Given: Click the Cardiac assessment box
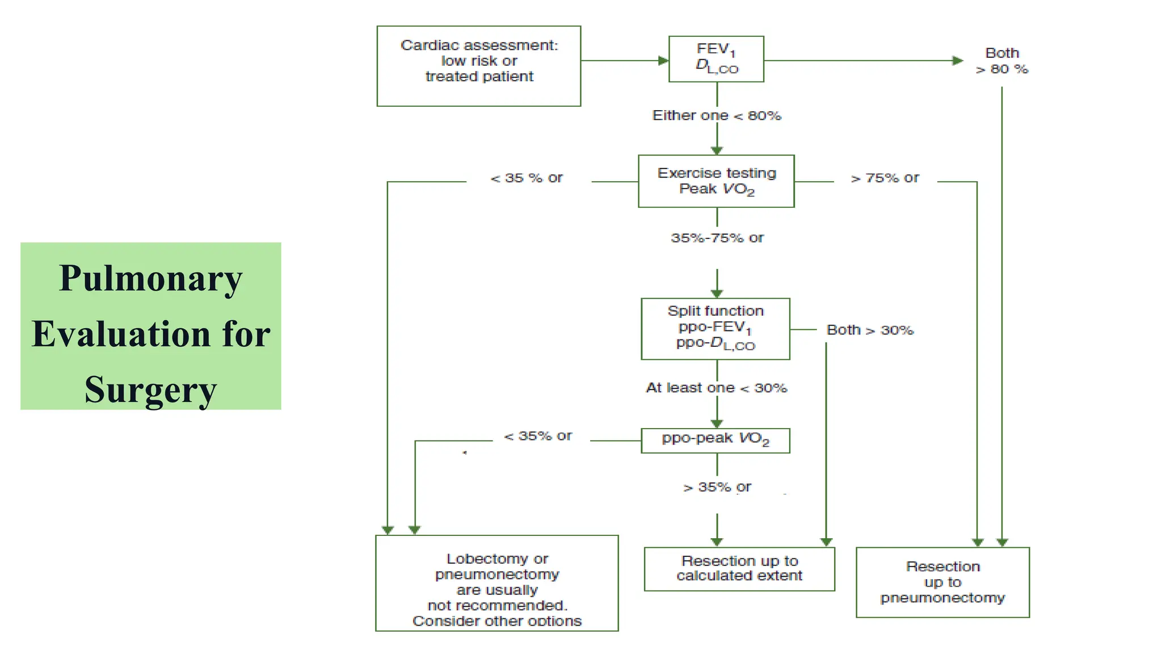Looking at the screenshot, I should pyautogui.click(x=478, y=66).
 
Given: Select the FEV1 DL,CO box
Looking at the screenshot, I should pyautogui.click(x=716, y=59).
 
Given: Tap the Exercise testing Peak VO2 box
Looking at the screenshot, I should pyautogui.click(x=716, y=181).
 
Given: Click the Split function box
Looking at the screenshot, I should pyautogui.click(x=715, y=329).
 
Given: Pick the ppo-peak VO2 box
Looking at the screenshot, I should pyautogui.click(x=715, y=441).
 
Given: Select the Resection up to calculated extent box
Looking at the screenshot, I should pyautogui.click(x=739, y=569).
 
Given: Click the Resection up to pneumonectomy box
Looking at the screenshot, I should pyautogui.click(x=942, y=582).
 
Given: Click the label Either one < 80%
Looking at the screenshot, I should pyautogui.click(x=717, y=116).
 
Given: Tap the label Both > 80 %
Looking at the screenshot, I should pyautogui.click(x=1002, y=61).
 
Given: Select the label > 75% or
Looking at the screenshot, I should pyautogui.click(x=885, y=178).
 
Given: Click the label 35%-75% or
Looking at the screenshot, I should pyautogui.click(x=717, y=238).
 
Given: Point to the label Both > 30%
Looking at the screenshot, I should pyautogui.click(x=870, y=330).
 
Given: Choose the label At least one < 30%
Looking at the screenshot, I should pyautogui.click(x=717, y=388).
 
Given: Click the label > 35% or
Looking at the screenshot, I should pyautogui.click(x=717, y=487).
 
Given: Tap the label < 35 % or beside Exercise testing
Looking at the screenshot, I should pyautogui.click(x=527, y=178).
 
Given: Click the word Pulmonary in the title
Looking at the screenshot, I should pyautogui.click(x=150, y=279).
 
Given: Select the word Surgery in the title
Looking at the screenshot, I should pyautogui.click(x=150, y=390).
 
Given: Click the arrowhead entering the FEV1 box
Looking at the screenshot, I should pyautogui.click(x=663, y=60).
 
